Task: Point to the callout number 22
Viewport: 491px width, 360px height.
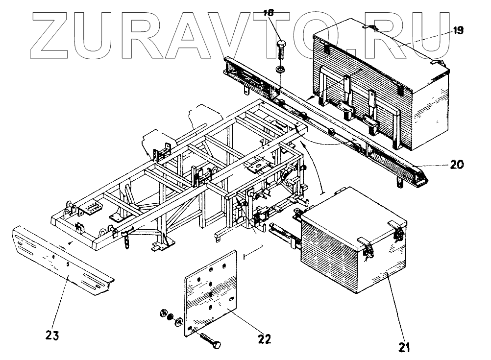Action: [265, 338]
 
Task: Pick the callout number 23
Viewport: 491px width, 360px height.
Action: [53, 336]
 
